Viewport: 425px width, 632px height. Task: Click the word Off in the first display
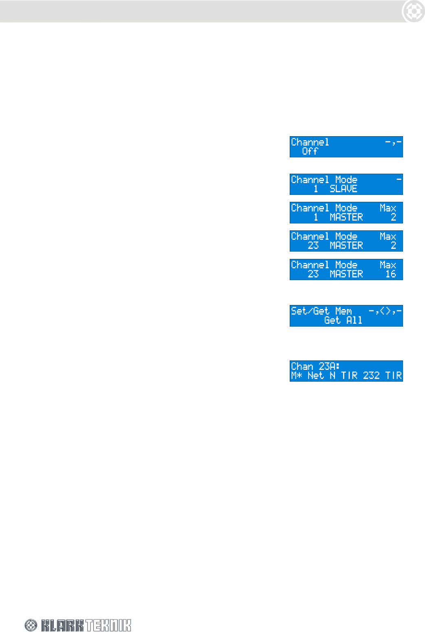pyautogui.click(x=310, y=151)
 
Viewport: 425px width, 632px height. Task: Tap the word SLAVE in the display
pyautogui.click(x=343, y=189)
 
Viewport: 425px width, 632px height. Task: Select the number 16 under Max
pyautogui.click(x=390, y=274)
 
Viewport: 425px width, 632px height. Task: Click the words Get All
pyautogui.click(x=343, y=320)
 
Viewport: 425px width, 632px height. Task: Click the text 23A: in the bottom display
pyautogui.click(x=329, y=367)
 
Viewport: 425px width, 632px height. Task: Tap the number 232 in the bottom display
pyautogui.click(x=371, y=376)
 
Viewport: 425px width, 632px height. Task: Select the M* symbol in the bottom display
pyautogui.click(x=297, y=376)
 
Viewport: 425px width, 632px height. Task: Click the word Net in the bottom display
pyautogui.click(x=315, y=376)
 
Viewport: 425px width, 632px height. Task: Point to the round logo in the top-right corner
pyautogui.click(x=413, y=11)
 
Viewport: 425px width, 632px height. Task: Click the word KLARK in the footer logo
pyautogui.click(x=62, y=625)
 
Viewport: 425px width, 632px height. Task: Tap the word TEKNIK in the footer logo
pyautogui.click(x=108, y=625)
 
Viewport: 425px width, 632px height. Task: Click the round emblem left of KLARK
pyautogui.click(x=31, y=625)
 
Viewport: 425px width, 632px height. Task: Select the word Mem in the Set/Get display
pyautogui.click(x=344, y=311)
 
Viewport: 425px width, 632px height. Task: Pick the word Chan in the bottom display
pyautogui.click(x=302, y=367)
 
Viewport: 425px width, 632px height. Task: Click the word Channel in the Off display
pyautogui.click(x=310, y=142)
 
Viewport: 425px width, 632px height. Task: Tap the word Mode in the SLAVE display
pyautogui.click(x=346, y=180)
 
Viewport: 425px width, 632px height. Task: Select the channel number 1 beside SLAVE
pyautogui.click(x=316, y=189)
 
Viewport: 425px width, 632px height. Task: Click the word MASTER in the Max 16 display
pyautogui.click(x=346, y=274)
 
